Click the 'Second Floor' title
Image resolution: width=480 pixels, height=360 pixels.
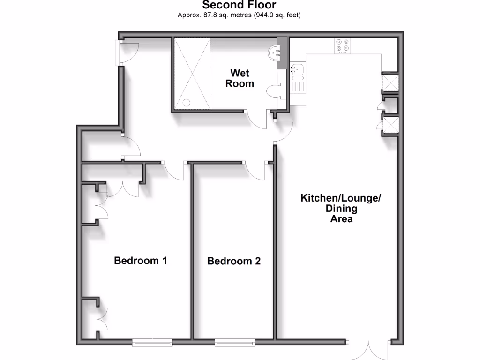(x=239, y=5)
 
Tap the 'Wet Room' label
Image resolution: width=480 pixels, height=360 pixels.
(x=240, y=79)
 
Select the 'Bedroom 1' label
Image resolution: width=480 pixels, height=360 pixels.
(x=141, y=260)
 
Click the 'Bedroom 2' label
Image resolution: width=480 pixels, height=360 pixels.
(x=233, y=261)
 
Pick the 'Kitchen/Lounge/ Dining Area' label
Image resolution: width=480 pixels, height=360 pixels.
(x=341, y=208)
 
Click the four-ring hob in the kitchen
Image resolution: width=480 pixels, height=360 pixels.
(x=342, y=45)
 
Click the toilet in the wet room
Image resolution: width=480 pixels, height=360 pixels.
(x=274, y=90)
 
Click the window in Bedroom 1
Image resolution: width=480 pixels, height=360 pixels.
(x=151, y=343)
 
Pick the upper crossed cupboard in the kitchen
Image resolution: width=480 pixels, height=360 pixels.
(x=390, y=83)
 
